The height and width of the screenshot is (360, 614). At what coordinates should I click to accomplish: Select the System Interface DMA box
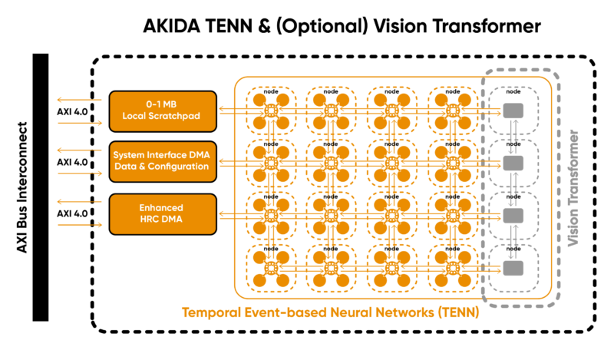point(163,161)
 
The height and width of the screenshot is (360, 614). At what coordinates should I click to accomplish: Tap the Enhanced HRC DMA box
point(163,213)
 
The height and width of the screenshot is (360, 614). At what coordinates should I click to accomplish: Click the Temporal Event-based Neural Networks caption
point(330,312)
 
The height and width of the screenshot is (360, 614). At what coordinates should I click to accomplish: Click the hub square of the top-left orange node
point(270,111)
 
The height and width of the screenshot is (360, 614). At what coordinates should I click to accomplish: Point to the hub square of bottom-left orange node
point(270,267)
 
